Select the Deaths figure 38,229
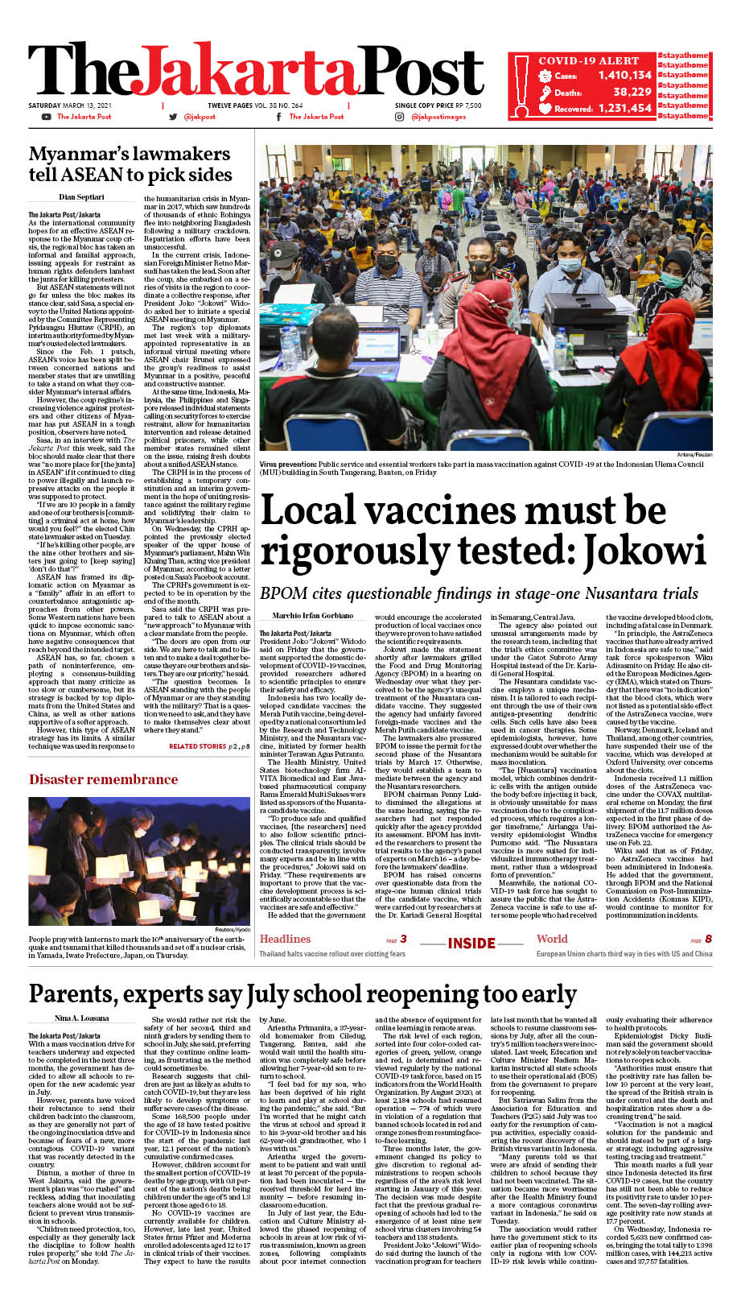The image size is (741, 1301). click(x=632, y=92)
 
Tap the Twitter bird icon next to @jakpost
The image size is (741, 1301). click(x=173, y=117)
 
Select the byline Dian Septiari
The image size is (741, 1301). click(x=81, y=197)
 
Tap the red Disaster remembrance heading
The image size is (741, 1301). click(x=103, y=779)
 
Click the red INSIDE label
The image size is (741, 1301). click(x=471, y=944)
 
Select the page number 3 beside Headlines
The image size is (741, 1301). click(x=403, y=939)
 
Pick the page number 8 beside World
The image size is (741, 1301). click(x=708, y=939)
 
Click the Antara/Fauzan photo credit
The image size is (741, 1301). click(x=695, y=456)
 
